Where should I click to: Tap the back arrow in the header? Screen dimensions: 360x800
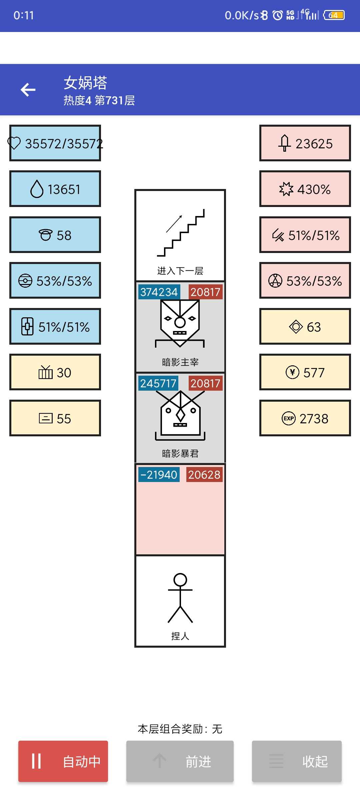pos(28,90)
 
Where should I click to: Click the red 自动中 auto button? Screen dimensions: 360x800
pos(63,761)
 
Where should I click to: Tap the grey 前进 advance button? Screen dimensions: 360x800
pos(180,761)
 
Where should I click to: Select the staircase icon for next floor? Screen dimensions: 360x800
pos(180,233)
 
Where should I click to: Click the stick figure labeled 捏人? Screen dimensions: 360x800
pos(180,598)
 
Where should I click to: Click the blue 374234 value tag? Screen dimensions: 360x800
pos(159,292)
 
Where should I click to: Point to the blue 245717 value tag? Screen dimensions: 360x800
pos(158,383)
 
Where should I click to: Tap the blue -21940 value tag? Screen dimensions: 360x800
pos(159,475)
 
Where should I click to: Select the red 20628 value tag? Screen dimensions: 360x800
pos(204,475)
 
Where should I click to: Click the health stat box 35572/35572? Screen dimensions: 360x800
pos(55,143)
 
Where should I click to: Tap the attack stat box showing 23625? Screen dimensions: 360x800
pos(305,143)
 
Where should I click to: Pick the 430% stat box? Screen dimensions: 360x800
pos(305,189)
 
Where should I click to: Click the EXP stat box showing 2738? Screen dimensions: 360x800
pos(305,418)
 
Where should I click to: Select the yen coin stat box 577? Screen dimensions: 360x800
pos(305,372)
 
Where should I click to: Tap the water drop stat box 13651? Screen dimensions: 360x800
pos(55,189)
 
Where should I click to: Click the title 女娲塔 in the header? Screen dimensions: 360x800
pos(85,83)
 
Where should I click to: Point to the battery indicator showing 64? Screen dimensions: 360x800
pos(334,15)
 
